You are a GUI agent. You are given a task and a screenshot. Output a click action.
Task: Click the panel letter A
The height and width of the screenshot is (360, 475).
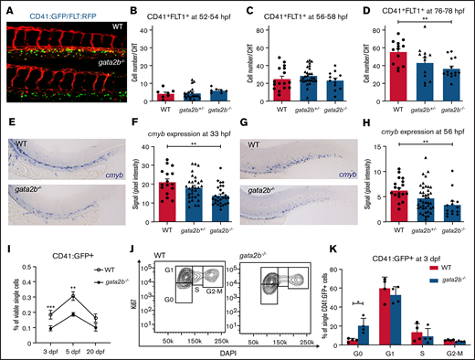5,7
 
